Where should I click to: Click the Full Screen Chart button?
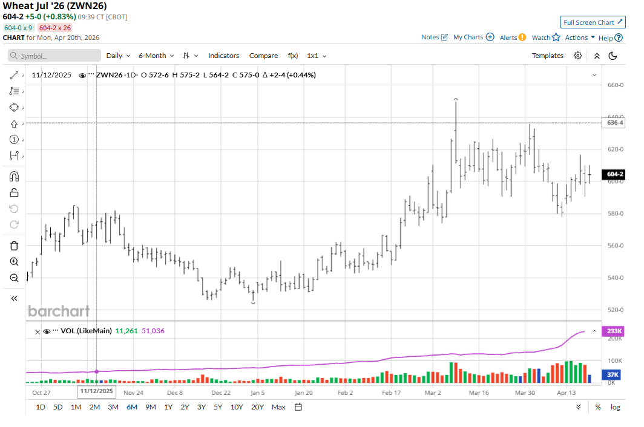coord(593,22)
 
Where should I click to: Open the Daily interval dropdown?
coord(118,56)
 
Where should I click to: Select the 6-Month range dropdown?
coord(156,56)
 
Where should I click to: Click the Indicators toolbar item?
coord(223,56)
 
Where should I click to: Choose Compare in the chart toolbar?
coord(263,56)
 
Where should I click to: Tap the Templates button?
coord(547,56)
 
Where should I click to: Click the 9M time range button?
coord(151,407)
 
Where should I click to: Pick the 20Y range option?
coord(257,407)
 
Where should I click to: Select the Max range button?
coord(278,407)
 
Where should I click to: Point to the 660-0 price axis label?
coord(615,85)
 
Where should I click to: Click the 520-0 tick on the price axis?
coord(615,310)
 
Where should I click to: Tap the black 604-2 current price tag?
coord(616,174)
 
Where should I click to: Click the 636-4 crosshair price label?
coord(615,123)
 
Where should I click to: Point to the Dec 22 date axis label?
coord(221,393)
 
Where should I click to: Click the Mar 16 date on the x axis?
coord(478,393)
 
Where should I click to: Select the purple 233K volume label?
coord(616,331)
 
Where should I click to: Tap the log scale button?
coord(615,407)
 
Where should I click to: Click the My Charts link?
coord(473,37)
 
